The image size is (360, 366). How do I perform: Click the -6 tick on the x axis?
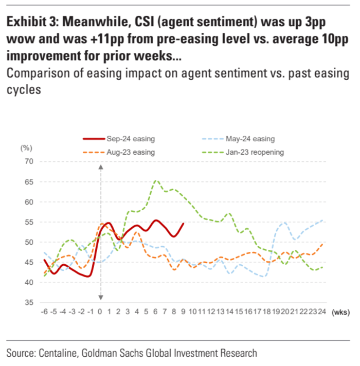(45, 312)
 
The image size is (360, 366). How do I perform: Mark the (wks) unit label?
(340, 312)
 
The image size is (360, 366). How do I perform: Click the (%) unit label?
(26, 148)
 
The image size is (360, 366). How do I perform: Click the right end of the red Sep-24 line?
(184, 224)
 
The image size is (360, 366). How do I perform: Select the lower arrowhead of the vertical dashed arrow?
(101, 298)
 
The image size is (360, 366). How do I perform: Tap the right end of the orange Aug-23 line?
(323, 244)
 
